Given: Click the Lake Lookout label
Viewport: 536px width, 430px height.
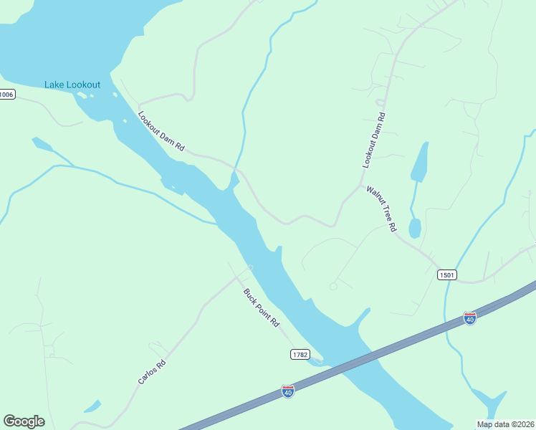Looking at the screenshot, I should [x=72, y=85].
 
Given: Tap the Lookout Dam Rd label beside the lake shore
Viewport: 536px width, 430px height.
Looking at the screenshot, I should [x=161, y=131].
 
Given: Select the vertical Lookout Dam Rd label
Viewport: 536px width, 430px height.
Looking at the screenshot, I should [x=374, y=140].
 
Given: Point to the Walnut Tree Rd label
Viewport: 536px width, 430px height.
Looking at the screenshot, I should [x=381, y=209].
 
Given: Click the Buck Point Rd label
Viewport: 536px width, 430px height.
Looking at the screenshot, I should [x=261, y=307].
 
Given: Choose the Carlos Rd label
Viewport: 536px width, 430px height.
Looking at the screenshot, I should [x=152, y=372].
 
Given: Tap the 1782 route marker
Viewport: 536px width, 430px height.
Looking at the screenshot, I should [x=300, y=354].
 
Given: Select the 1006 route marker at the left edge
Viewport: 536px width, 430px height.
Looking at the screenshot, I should [x=6, y=95].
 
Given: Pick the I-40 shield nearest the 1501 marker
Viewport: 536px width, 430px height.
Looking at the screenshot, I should [x=470, y=317].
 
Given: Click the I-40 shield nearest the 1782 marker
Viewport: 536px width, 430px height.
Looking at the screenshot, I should [x=288, y=391].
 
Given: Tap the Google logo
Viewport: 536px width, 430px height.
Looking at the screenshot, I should [x=24, y=421].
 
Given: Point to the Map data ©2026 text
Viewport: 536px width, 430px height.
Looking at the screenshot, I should [x=505, y=424].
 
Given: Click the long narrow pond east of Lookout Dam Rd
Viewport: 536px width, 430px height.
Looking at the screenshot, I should [x=420, y=161].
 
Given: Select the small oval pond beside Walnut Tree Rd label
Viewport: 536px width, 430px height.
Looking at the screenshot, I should [x=414, y=229].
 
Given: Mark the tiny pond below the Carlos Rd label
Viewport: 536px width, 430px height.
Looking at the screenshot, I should [x=92, y=406].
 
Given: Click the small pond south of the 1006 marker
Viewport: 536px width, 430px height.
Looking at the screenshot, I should [x=42, y=145].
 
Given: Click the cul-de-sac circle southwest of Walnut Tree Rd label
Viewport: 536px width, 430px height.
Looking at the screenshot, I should [x=333, y=286].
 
